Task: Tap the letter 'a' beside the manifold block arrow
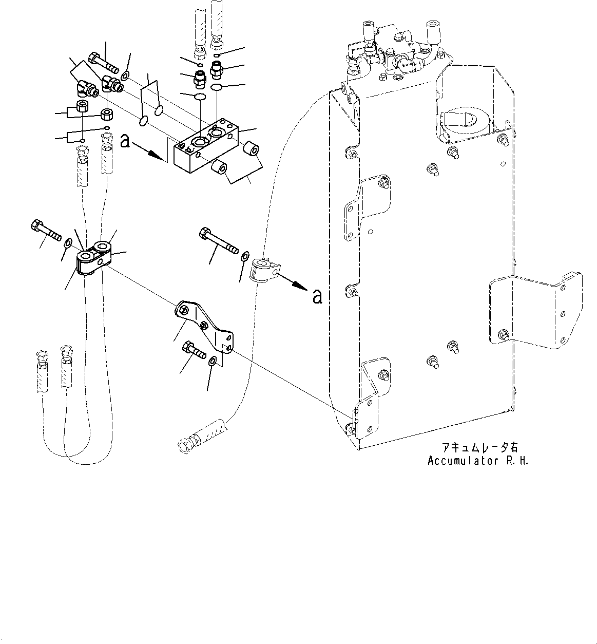tap(125, 141)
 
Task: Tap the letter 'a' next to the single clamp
tap(318, 296)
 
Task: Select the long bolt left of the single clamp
tap(218, 241)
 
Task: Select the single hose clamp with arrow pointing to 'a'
tap(264, 270)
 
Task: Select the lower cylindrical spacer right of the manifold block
tap(220, 168)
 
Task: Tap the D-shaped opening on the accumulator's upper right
tap(464, 118)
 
